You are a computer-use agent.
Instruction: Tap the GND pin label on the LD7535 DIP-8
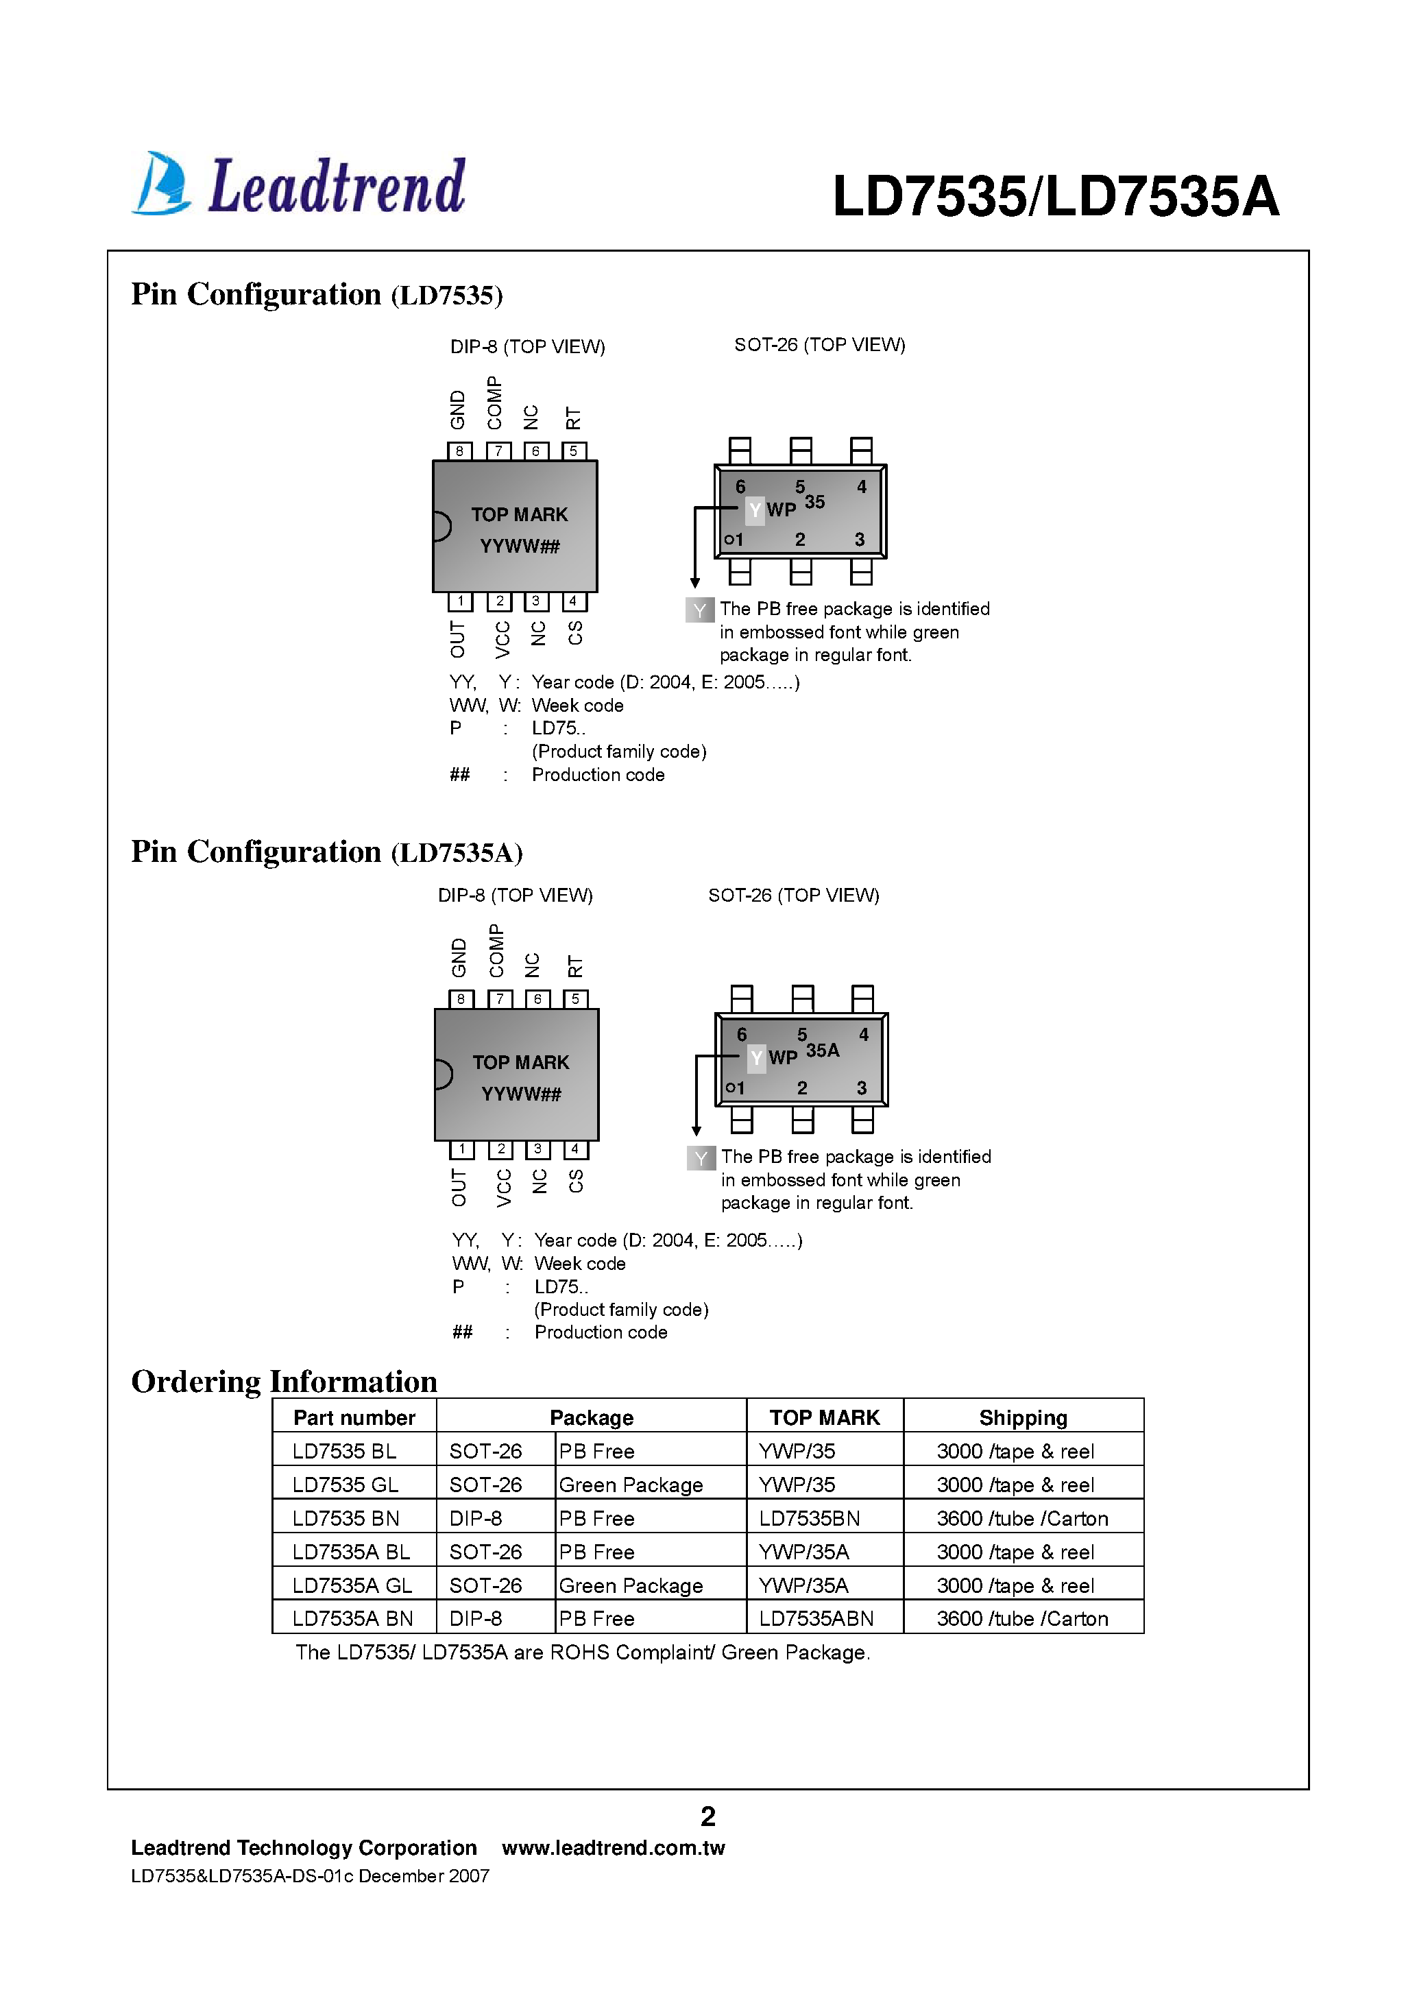pos(457,409)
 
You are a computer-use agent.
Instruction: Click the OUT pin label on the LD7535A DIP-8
pos(459,1188)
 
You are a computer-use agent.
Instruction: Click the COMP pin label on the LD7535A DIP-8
pos(497,950)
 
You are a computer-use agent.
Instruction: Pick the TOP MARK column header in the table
pos(824,1417)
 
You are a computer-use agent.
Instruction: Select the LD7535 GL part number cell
pos(345,1485)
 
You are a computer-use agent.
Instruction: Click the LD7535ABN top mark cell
pos(816,1618)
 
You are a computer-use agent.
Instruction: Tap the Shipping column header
pos(1022,1417)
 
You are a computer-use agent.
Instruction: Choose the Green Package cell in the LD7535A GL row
pos(631,1585)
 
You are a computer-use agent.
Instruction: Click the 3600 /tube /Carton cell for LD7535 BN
pos(1021,1519)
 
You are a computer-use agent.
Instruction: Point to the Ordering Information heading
pos(284,1382)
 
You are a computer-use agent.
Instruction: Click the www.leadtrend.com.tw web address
pos(613,1848)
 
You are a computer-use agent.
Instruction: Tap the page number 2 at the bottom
pos(708,1816)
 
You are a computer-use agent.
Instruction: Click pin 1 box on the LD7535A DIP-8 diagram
pos(461,1149)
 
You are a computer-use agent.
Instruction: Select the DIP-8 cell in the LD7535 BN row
pos(476,1519)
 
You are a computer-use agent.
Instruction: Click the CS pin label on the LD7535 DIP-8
pos(575,633)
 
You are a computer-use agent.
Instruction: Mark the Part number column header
pos(354,1417)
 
